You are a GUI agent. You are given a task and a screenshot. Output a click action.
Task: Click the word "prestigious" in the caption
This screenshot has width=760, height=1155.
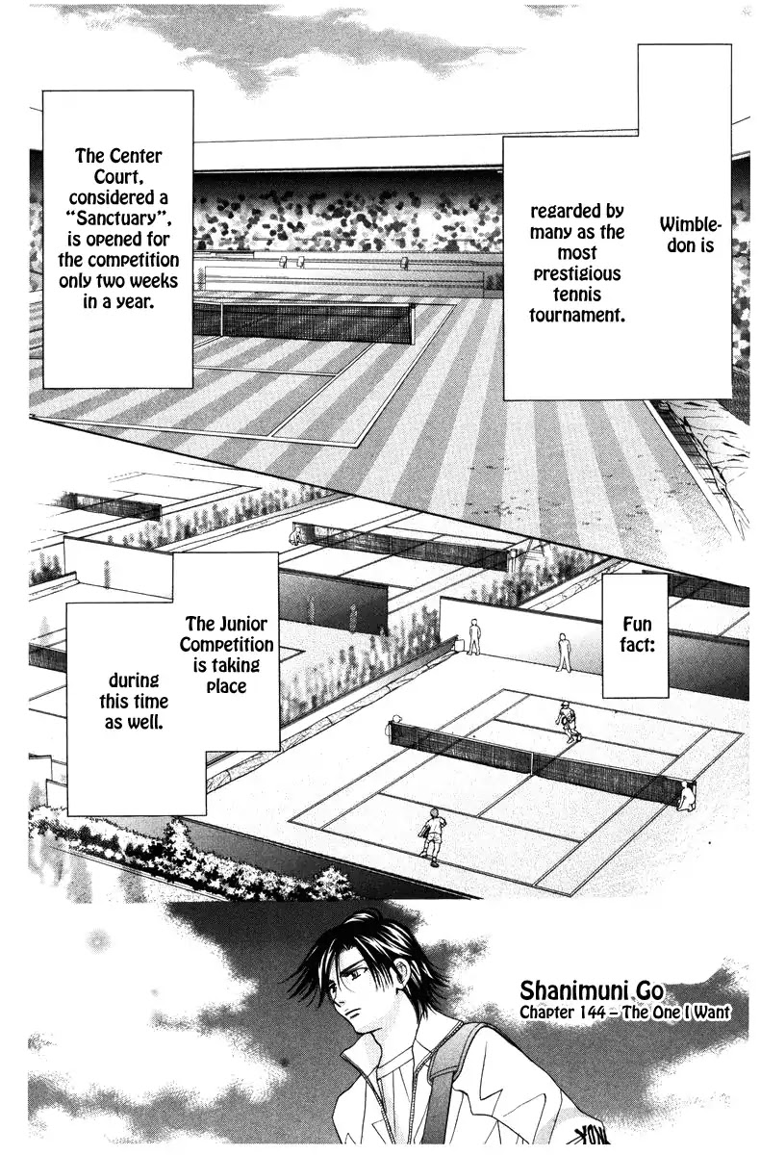pyautogui.click(x=576, y=273)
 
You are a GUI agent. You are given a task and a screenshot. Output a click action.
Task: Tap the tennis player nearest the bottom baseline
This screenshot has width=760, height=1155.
pyautogui.click(x=433, y=834)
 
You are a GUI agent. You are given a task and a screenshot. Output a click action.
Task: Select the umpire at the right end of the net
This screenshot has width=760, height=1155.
pyautogui.click(x=685, y=795)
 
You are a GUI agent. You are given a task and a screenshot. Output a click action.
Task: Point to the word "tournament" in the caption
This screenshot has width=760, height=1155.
pyautogui.click(x=576, y=315)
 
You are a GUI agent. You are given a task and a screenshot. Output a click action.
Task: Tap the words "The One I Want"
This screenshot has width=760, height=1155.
pyautogui.click(x=677, y=1013)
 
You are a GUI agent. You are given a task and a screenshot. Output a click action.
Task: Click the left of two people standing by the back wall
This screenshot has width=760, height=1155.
pyautogui.click(x=473, y=637)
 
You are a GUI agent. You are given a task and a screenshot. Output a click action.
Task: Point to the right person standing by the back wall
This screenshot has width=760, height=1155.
pyautogui.click(x=564, y=652)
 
